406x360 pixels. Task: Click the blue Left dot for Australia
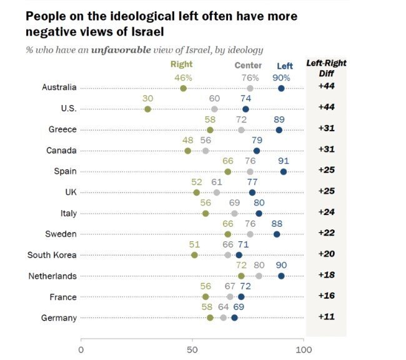tap(281, 88)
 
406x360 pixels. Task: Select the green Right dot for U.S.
tap(147, 109)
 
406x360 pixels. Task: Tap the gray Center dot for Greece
tap(241, 130)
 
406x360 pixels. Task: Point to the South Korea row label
tap(52, 255)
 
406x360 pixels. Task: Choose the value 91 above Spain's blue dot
tap(284, 160)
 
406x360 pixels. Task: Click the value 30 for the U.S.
tap(147, 97)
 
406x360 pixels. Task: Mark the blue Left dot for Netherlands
tap(281, 276)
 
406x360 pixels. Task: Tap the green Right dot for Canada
tap(187, 151)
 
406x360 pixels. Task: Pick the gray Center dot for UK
tap(217, 192)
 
